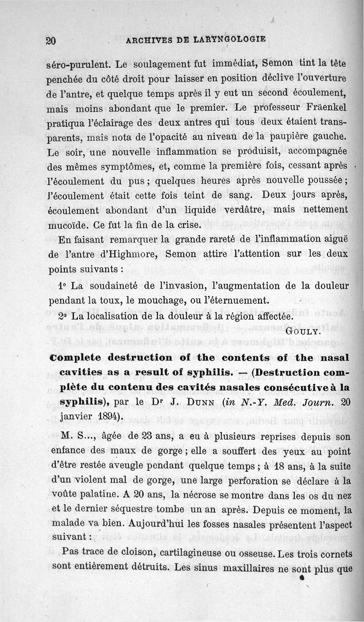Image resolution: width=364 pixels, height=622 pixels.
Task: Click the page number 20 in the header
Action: pyautogui.click(x=51, y=40)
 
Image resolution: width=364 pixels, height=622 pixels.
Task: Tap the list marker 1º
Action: pyautogui.click(x=64, y=286)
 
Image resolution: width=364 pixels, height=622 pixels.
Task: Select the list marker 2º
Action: pyautogui.click(x=64, y=316)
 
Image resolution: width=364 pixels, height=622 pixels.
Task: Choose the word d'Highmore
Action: pyautogui.click(x=124, y=254)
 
